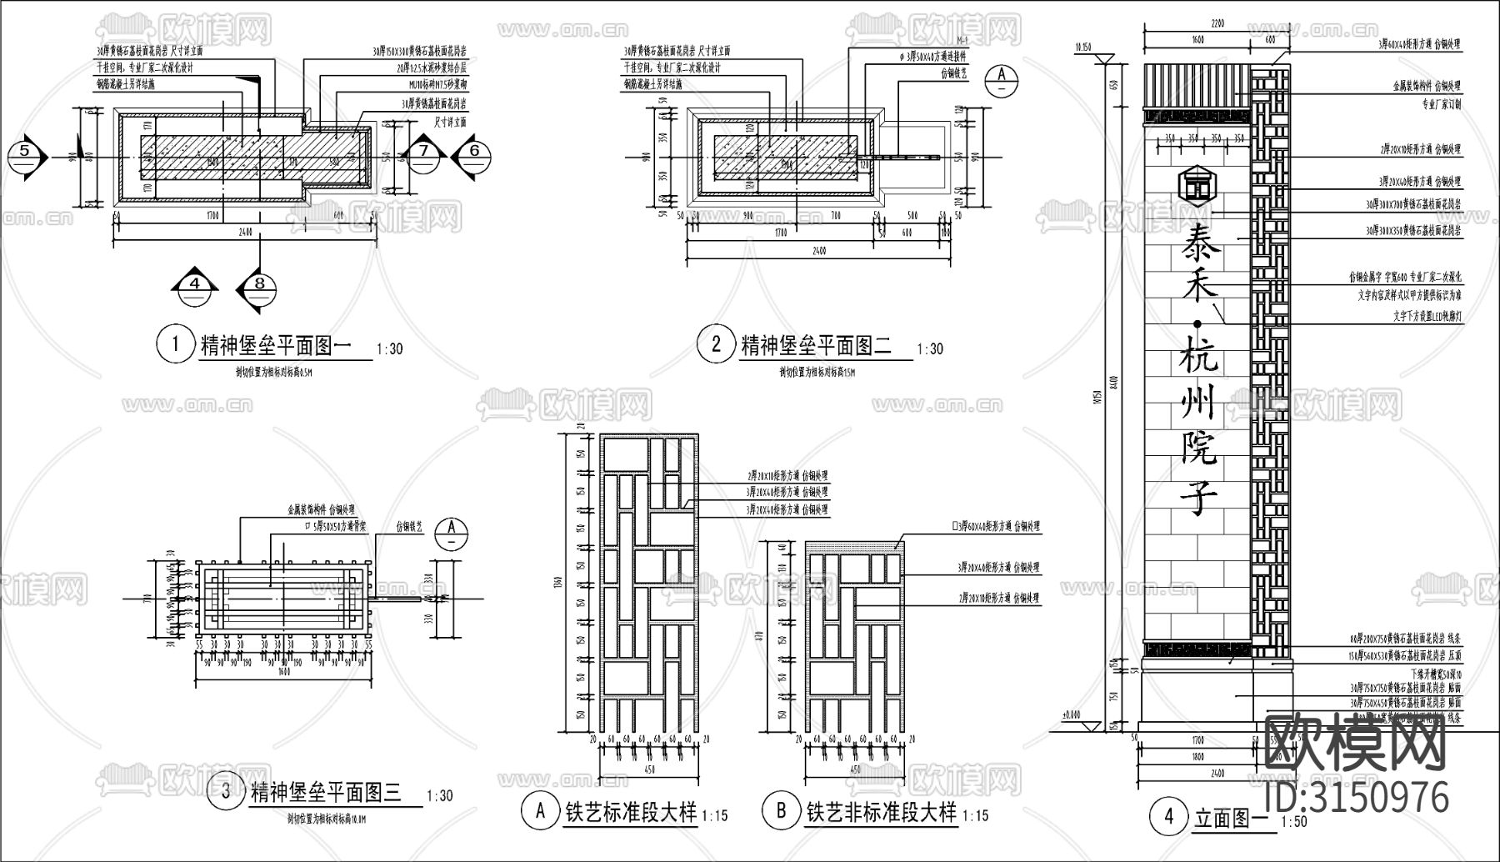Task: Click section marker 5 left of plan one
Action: pyautogui.click(x=24, y=152)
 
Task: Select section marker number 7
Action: pyautogui.click(x=423, y=151)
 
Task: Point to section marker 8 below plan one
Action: pyautogui.click(x=260, y=285)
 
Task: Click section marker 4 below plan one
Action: pyautogui.click(x=196, y=285)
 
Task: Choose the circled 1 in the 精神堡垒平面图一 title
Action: pyautogui.click(x=175, y=344)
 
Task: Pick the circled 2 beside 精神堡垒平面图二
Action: pyautogui.click(x=716, y=344)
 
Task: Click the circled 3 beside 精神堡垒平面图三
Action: pyautogui.click(x=226, y=793)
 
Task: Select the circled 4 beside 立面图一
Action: pyautogui.click(x=1167, y=817)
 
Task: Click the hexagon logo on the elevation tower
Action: pyautogui.click(x=1197, y=185)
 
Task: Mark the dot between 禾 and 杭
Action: pyautogui.click(x=1197, y=323)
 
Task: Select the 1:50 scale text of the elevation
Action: pyautogui.click(x=1295, y=822)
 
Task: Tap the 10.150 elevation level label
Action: pyautogui.click(x=1082, y=48)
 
